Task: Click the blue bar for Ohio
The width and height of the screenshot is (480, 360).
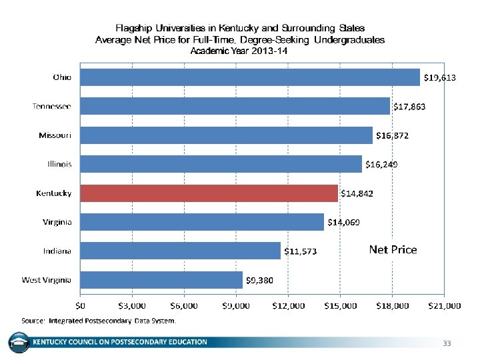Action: pos(250,77)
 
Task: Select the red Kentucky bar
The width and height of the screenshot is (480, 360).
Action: pos(209,193)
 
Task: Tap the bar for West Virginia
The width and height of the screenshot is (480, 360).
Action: pos(161,279)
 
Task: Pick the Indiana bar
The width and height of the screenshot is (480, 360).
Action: pos(181,251)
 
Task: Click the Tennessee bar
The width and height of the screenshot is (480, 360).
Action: pos(235,106)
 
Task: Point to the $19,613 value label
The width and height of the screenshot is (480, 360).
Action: pos(440,78)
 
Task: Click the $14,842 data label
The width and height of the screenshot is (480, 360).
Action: pos(357,193)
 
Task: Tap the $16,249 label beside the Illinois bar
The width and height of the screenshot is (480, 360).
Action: pos(381,164)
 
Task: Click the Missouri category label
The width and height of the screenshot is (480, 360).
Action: pos(55,135)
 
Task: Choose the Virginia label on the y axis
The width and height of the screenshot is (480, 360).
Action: pos(57,222)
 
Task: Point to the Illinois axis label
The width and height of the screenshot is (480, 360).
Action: pos(59,164)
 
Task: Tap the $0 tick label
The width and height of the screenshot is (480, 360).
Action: pos(80,305)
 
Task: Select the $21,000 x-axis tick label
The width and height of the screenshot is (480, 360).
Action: pos(444,305)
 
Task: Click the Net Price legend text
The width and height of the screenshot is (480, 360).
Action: pos(393,250)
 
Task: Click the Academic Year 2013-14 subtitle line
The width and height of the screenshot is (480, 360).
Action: pos(239,51)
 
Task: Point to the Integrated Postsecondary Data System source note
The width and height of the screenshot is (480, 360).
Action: pos(99,320)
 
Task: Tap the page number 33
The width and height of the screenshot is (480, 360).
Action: pos(447,343)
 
